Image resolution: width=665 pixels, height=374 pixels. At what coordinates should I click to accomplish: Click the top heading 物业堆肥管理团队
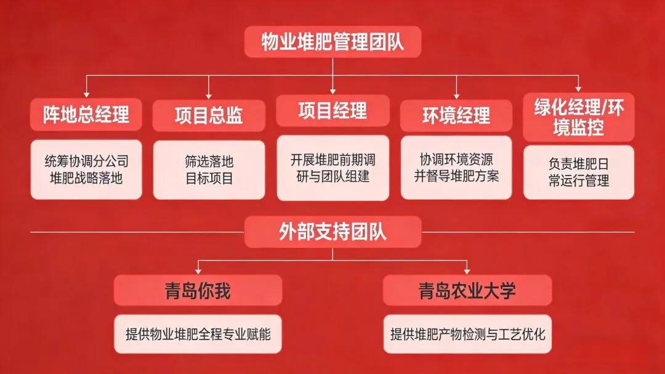tap(332, 43)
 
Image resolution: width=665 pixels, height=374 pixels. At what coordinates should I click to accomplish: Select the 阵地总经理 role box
tap(86, 115)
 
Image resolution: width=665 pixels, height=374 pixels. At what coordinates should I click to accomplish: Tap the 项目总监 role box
tap(209, 115)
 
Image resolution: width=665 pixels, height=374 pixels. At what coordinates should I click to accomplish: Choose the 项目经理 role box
tap(332, 111)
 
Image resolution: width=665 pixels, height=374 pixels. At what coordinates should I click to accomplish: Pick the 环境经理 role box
tap(456, 115)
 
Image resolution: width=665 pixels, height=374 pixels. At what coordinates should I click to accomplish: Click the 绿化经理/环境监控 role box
tap(579, 118)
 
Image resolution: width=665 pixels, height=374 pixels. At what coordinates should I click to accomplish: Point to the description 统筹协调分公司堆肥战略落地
tap(86, 170)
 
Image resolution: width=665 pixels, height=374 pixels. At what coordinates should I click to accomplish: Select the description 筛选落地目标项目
tap(209, 170)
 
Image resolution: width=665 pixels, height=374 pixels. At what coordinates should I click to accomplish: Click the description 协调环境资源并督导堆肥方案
tap(456, 168)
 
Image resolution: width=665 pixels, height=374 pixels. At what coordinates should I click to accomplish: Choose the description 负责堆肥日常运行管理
tap(579, 173)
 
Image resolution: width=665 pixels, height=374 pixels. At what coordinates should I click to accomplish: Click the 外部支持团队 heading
tap(332, 232)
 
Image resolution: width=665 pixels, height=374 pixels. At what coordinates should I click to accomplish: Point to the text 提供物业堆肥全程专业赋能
tap(198, 335)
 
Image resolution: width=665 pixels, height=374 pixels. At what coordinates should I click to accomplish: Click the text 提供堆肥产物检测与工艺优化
tap(467, 335)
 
